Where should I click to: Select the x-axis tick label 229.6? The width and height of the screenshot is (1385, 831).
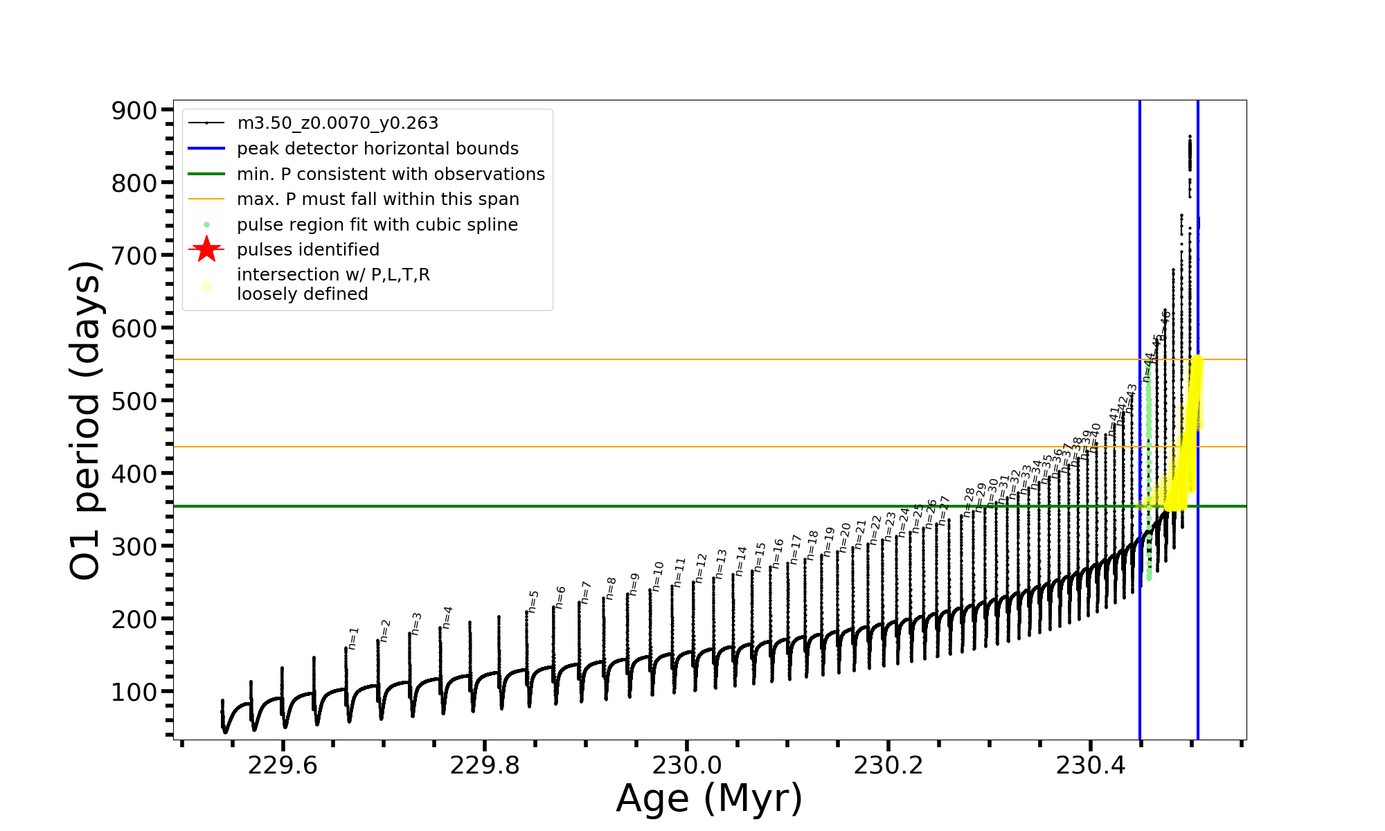pyautogui.click(x=283, y=765)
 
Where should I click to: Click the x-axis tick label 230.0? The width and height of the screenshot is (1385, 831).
pyautogui.click(x=686, y=765)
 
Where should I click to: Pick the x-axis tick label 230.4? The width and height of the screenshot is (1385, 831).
pyautogui.click(x=1090, y=765)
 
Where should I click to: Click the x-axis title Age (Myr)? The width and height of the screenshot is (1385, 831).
pyautogui.click(x=709, y=798)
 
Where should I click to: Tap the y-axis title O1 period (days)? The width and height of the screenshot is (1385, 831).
pyautogui.click(x=86, y=420)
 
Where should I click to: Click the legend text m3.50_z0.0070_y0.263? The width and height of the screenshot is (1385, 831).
pyautogui.click(x=337, y=123)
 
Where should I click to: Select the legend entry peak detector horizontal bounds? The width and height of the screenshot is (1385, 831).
pyautogui.click(x=377, y=149)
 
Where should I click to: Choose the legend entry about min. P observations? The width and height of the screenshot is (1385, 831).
pyautogui.click(x=391, y=175)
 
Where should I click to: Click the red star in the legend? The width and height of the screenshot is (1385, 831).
pyautogui.click(x=206, y=249)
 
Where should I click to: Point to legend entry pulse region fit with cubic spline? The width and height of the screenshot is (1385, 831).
pyautogui.click(x=377, y=225)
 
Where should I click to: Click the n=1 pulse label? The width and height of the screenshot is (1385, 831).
pyautogui.click(x=353, y=638)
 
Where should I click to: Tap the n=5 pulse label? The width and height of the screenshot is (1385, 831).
pyautogui.click(x=533, y=601)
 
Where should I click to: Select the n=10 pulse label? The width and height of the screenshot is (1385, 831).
pyautogui.click(x=657, y=576)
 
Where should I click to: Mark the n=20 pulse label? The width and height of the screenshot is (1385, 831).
pyautogui.click(x=844, y=537)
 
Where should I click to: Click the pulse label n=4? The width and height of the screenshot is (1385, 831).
pyautogui.click(x=447, y=617)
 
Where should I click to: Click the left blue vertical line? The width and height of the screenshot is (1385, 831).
pyautogui.click(x=1140, y=623)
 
